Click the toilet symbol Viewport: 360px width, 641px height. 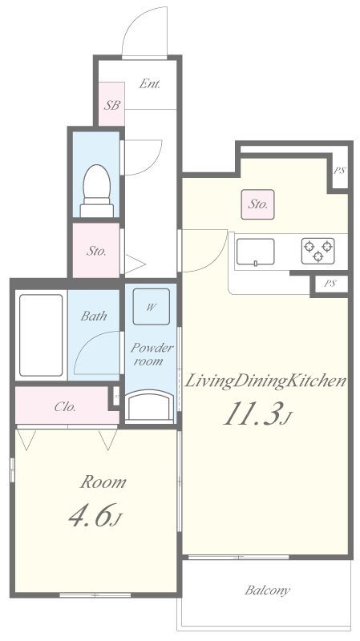[x=96, y=191]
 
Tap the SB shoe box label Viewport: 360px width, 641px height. [x=111, y=105]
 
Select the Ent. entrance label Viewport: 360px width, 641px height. [x=149, y=84]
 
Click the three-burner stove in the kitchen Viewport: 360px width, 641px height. [x=318, y=251]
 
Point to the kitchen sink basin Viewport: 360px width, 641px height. [x=255, y=252]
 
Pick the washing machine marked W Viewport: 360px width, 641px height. [x=151, y=307]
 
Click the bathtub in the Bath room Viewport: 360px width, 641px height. [x=41, y=335]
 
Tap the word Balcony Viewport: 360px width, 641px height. [x=268, y=590]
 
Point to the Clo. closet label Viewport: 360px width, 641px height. [x=66, y=407]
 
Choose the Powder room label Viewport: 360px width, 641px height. [x=152, y=354]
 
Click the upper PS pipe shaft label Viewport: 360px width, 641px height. [x=339, y=171]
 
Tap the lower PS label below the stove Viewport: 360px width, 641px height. [x=330, y=284]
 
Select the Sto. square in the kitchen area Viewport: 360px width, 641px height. [x=257, y=204]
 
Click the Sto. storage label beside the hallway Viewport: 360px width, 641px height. [x=96, y=252]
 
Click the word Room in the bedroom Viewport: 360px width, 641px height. [x=103, y=482]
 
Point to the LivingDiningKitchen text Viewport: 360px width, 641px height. [x=266, y=381]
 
